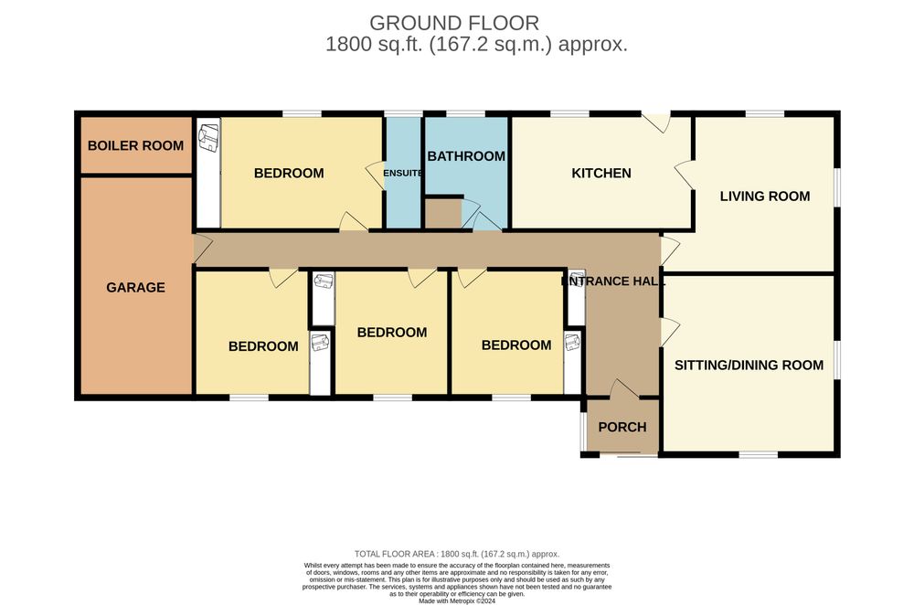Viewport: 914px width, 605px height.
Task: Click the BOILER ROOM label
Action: pyautogui.click(x=135, y=145)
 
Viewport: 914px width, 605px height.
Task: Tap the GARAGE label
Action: pyautogui.click(x=135, y=287)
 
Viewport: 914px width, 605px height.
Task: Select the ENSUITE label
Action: pyautogui.click(x=403, y=173)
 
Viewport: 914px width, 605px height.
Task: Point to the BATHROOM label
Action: pyautogui.click(x=466, y=156)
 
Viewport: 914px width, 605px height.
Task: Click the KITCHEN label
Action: pyautogui.click(x=601, y=173)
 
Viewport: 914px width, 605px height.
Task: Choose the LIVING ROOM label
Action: pyautogui.click(x=765, y=196)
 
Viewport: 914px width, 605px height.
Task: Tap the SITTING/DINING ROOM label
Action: pyautogui.click(x=749, y=366)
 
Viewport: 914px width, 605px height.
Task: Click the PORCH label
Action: pyautogui.click(x=622, y=427)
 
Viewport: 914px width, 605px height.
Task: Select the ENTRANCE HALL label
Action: pyautogui.click(x=613, y=281)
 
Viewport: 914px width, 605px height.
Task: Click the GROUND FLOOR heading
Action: pyautogui.click(x=454, y=24)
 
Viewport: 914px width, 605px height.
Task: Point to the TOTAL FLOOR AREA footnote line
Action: pyautogui.click(x=457, y=555)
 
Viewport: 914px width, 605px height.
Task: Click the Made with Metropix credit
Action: pyautogui.click(x=457, y=601)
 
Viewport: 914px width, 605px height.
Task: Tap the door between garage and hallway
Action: pyautogui.click(x=202, y=249)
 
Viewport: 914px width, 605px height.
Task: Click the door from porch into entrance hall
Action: pyautogui.click(x=623, y=388)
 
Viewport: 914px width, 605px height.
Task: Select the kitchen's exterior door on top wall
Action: pyautogui.click(x=656, y=122)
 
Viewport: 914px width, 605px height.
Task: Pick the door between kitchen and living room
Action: pyautogui.click(x=685, y=175)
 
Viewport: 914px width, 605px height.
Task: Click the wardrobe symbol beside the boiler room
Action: pyautogui.click(x=208, y=140)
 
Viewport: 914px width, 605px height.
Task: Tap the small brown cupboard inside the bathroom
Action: pyautogui.click(x=443, y=213)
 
